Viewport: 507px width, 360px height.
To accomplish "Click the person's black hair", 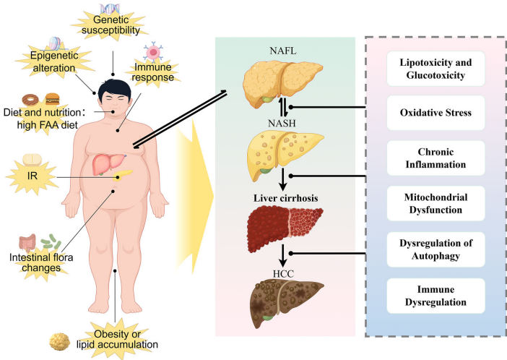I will [115, 85].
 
